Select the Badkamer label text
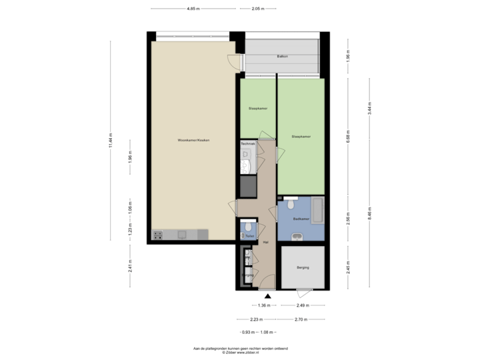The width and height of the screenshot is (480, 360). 301,219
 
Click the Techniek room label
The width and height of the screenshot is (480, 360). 248,144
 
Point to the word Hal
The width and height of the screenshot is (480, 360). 265,242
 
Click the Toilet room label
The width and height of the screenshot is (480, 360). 249,236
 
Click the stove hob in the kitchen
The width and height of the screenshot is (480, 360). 159,235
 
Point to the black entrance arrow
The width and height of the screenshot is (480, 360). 267,295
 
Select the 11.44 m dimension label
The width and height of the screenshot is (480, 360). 111,140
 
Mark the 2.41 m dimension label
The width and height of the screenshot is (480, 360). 130,267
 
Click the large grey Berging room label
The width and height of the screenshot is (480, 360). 303,267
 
